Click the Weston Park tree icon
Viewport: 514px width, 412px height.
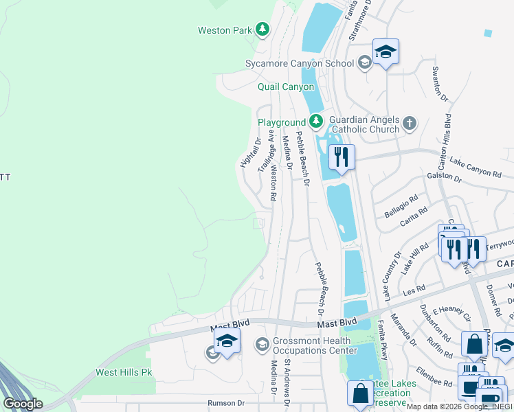click(262, 30)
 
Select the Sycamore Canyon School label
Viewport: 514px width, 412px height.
click(300, 63)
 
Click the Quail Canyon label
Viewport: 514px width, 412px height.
click(286, 87)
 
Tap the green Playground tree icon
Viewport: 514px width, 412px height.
click(315, 122)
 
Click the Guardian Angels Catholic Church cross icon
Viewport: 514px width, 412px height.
click(410, 124)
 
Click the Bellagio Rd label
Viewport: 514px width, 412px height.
click(401, 206)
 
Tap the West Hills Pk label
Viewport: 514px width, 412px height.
click(124, 373)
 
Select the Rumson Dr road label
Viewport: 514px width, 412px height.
click(226, 404)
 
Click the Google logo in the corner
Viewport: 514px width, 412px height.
click(23, 403)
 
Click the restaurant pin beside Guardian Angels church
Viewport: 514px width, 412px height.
click(341, 158)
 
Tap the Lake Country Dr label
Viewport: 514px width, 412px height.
click(392, 276)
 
